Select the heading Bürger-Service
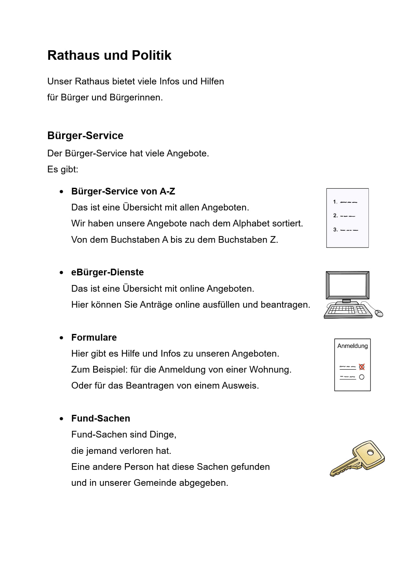click(85, 136)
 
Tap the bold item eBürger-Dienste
click(107, 272)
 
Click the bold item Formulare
click(94, 337)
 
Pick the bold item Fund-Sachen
click(101, 418)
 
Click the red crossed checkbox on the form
click(362, 367)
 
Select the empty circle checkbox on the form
click(362, 377)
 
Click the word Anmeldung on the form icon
click(352, 346)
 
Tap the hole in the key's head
click(370, 453)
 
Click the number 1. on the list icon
click(335, 202)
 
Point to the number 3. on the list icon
click(335, 230)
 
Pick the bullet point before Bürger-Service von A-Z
click(61, 192)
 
